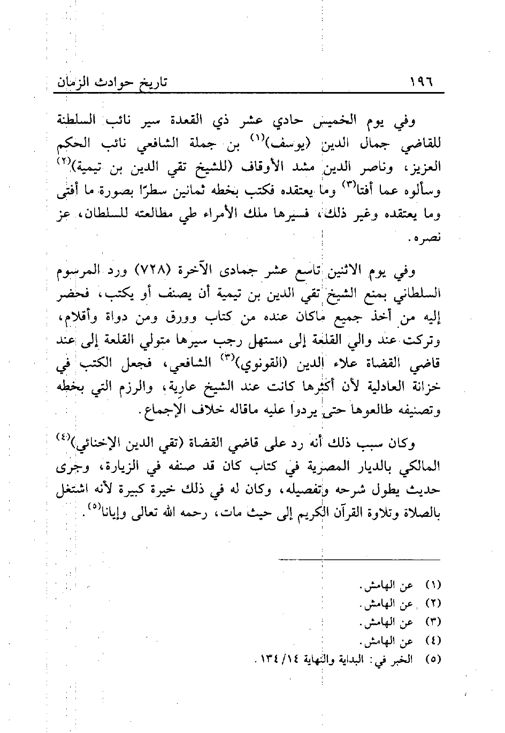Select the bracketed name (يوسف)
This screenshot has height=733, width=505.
point(279,144)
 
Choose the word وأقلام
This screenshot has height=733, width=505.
point(72,318)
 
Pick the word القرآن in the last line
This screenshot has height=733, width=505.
point(336,513)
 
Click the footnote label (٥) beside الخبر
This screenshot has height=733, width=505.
point(432,660)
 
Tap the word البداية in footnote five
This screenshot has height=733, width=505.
point(362,660)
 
